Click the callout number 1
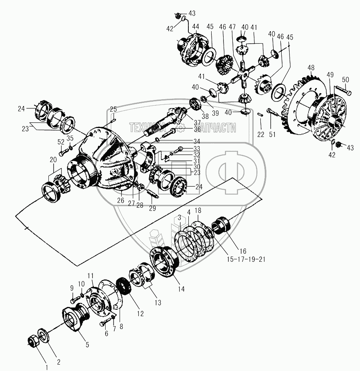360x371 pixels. pyautogui.click(x=46, y=366)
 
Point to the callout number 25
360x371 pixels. pyautogui.click(x=113, y=109)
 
